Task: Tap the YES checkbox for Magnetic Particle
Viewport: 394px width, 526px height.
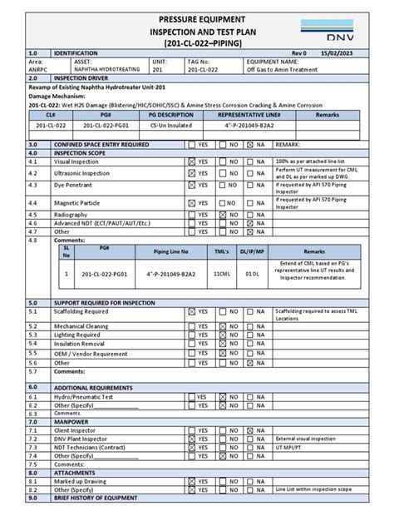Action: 192,202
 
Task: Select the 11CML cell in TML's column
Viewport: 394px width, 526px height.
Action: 222,273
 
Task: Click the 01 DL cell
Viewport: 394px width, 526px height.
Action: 253,273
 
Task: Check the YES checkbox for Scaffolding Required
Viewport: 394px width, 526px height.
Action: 192,310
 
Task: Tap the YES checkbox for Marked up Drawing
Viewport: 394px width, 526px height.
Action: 192,481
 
